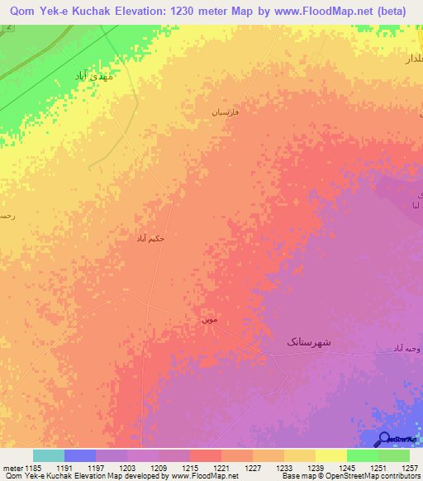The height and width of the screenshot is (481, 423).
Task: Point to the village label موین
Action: tap(211, 317)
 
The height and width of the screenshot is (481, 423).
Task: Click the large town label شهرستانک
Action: tap(309, 341)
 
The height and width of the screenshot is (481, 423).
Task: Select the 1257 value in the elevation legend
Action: tap(410, 468)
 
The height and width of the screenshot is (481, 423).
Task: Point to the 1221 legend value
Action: tap(221, 468)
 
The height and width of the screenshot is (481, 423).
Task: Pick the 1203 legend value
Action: tap(126, 468)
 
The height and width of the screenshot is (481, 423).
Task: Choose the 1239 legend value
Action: tap(315, 468)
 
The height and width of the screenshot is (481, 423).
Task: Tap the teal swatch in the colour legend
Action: tap(49, 455)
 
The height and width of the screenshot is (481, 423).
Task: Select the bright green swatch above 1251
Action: tap(363, 455)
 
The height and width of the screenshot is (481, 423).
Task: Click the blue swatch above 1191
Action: tap(80, 455)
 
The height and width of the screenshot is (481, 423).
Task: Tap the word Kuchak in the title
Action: tap(75, 12)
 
